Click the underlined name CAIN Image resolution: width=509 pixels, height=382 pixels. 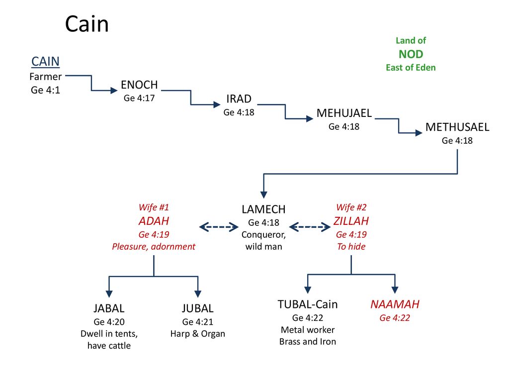point(45,61)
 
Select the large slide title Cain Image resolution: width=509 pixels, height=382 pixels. point(86,24)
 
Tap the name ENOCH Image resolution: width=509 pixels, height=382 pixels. point(139,85)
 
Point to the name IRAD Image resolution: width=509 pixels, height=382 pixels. point(239,99)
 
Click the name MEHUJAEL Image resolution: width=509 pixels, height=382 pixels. point(344,113)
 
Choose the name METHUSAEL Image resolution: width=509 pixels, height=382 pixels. point(457,127)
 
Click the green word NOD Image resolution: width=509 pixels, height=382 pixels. point(411,54)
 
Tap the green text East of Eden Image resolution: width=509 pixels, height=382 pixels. point(411,68)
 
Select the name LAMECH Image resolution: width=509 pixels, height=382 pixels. point(263,209)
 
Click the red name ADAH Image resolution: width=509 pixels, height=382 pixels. point(154,221)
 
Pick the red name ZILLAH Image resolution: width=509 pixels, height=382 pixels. point(351,221)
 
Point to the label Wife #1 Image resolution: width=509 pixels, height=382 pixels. point(154,207)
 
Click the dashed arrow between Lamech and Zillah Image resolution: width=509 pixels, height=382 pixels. point(310,227)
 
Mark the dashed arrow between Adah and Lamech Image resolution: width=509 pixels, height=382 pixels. point(219,227)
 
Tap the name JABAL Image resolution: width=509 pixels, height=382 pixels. point(109,308)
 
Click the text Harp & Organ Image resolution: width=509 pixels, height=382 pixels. point(198,334)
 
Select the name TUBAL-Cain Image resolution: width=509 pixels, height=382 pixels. point(308,304)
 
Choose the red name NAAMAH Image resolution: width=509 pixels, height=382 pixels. point(395,304)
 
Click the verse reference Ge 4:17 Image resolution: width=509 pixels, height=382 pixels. point(139,98)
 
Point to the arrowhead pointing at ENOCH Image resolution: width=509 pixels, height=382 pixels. point(114,91)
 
